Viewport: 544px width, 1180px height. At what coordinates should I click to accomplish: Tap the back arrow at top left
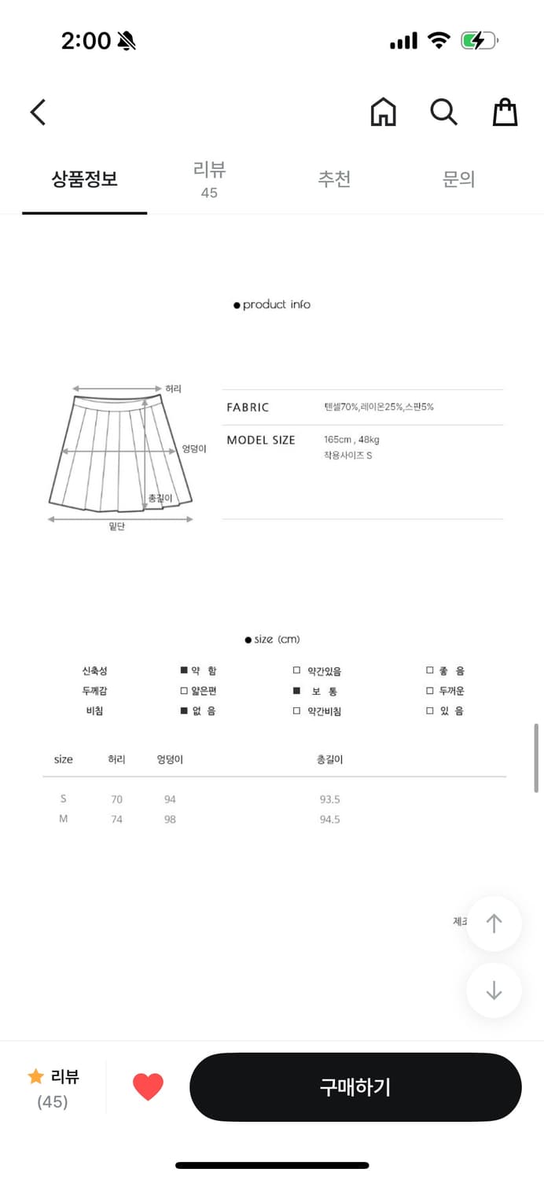38,112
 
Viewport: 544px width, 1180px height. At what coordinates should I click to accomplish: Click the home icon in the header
384,112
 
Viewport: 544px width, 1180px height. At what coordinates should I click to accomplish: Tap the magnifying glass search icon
443,112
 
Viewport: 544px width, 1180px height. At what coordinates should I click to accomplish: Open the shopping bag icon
505,112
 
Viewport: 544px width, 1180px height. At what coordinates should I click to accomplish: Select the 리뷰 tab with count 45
209,179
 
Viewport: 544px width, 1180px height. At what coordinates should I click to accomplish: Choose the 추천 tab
334,179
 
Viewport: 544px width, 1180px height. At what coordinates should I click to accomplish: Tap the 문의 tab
458,179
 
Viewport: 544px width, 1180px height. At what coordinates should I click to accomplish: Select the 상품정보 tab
85,179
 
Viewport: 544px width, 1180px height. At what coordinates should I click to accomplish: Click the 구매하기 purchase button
355,1087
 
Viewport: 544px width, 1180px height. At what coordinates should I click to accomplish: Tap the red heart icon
148,1087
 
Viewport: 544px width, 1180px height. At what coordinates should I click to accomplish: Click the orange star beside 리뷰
35,1076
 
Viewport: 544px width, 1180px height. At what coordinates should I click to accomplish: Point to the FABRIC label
248,407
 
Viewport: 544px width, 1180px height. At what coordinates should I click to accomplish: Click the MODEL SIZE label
261,440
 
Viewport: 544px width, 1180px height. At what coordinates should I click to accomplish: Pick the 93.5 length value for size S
329,799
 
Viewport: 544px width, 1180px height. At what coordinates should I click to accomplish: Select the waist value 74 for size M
116,819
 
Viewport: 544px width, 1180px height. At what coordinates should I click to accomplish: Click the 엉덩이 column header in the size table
170,759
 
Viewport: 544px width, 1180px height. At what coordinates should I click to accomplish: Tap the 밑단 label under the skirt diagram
117,526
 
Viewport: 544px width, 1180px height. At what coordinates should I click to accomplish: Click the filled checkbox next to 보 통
297,691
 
